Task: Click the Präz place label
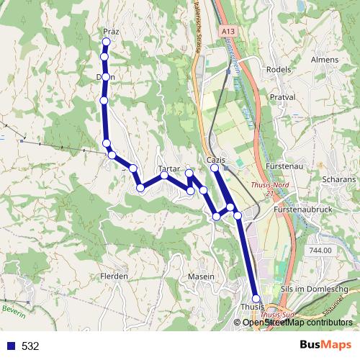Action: [110, 32]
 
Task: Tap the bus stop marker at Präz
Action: [107, 41]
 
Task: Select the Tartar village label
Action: [168, 168]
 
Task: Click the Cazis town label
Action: [216, 160]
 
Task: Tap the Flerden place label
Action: [114, 276]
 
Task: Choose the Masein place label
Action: [201, 276]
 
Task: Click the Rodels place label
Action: [278, 70]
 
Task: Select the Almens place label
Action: [324, 60]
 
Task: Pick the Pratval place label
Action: [282, 96]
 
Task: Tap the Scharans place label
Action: [340, 179]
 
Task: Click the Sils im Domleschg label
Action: [317, 289]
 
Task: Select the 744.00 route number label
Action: [320, 250]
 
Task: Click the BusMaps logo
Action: [326, 346]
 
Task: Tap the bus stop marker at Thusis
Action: [256, 298]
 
